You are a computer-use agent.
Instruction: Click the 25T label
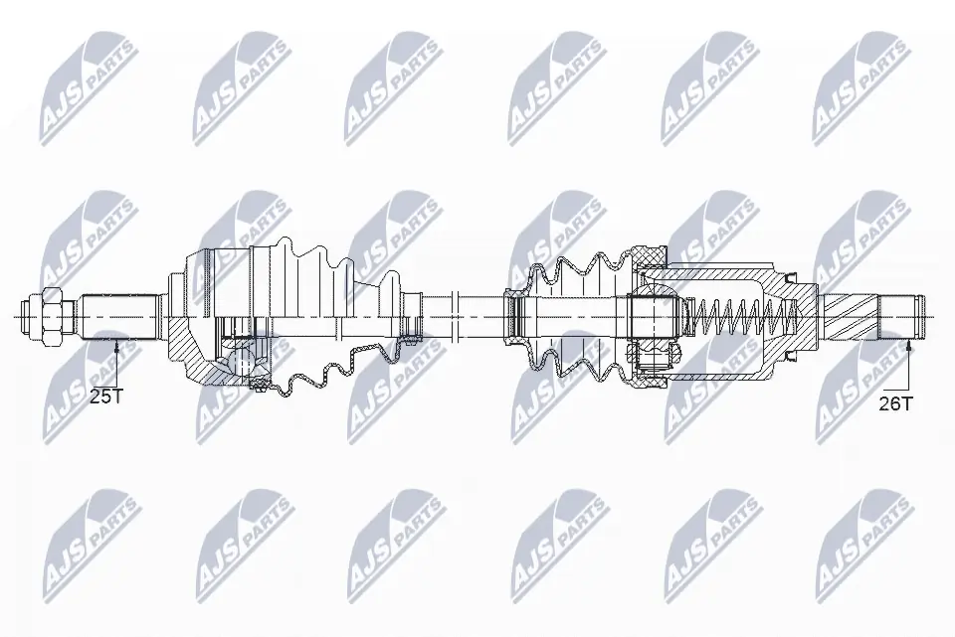tap(105, 397)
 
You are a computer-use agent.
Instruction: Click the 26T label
tap(896, 402)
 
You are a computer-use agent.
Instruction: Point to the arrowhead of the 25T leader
tap(117, 344)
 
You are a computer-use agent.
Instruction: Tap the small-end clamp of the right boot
tap(515, 316)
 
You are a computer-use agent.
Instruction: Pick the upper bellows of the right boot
tap(582, 271)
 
